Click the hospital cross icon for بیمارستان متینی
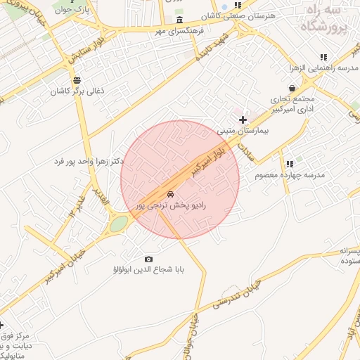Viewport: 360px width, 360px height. click(243, 120)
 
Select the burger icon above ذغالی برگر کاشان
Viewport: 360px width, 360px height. click(77, 80)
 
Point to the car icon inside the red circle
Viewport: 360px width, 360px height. click(169, 193)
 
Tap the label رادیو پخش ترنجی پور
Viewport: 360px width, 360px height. click(169, 205)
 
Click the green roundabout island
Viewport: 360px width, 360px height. click(119, 224)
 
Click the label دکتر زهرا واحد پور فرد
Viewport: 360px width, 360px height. click(89, 161)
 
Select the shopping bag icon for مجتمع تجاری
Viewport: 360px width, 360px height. click(311, 88)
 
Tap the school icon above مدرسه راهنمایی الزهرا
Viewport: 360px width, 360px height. click(323, 57)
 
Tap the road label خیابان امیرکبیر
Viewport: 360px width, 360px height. click(63, 262)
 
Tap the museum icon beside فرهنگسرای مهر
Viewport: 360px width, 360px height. click(180, 20)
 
